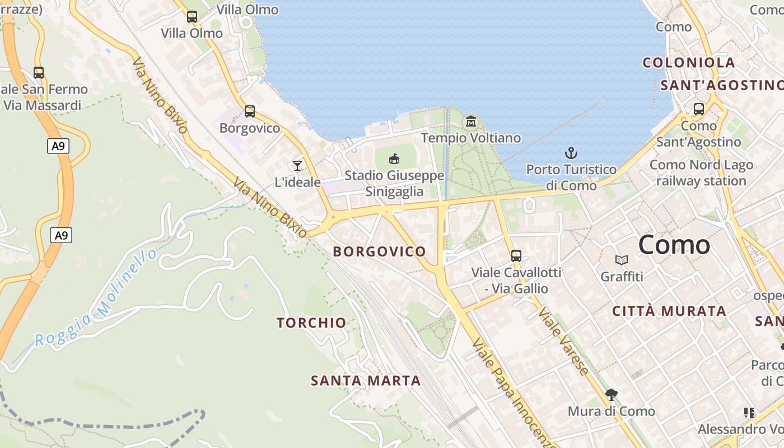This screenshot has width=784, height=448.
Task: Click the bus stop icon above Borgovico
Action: (250, 111)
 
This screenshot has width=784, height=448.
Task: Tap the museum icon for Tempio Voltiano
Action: (471, 121)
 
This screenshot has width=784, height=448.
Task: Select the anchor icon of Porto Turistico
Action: (571, 153)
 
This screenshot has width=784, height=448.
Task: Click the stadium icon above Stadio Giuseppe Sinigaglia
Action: (394, 159)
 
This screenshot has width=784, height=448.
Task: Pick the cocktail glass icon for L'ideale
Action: (297, 165)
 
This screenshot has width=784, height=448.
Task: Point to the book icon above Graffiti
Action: (622, 260)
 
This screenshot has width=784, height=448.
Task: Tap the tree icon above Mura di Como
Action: (611, 394)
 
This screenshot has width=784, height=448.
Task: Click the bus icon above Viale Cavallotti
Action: (516, 256)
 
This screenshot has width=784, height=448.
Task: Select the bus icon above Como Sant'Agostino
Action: (699, 109)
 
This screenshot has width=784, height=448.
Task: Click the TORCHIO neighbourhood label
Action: (312, 323)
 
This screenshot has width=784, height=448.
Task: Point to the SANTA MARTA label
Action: (366, 381)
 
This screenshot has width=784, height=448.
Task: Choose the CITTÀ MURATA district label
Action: (669, 311)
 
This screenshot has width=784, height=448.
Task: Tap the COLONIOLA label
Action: (689, 63)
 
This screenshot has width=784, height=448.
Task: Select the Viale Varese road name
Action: (564, 342)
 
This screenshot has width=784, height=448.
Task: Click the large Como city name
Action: (674, 245)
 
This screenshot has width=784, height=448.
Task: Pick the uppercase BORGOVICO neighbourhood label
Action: (380, 251)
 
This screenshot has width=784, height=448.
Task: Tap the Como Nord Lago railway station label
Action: (701, 173)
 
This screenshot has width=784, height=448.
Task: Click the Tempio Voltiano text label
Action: (471, 138)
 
